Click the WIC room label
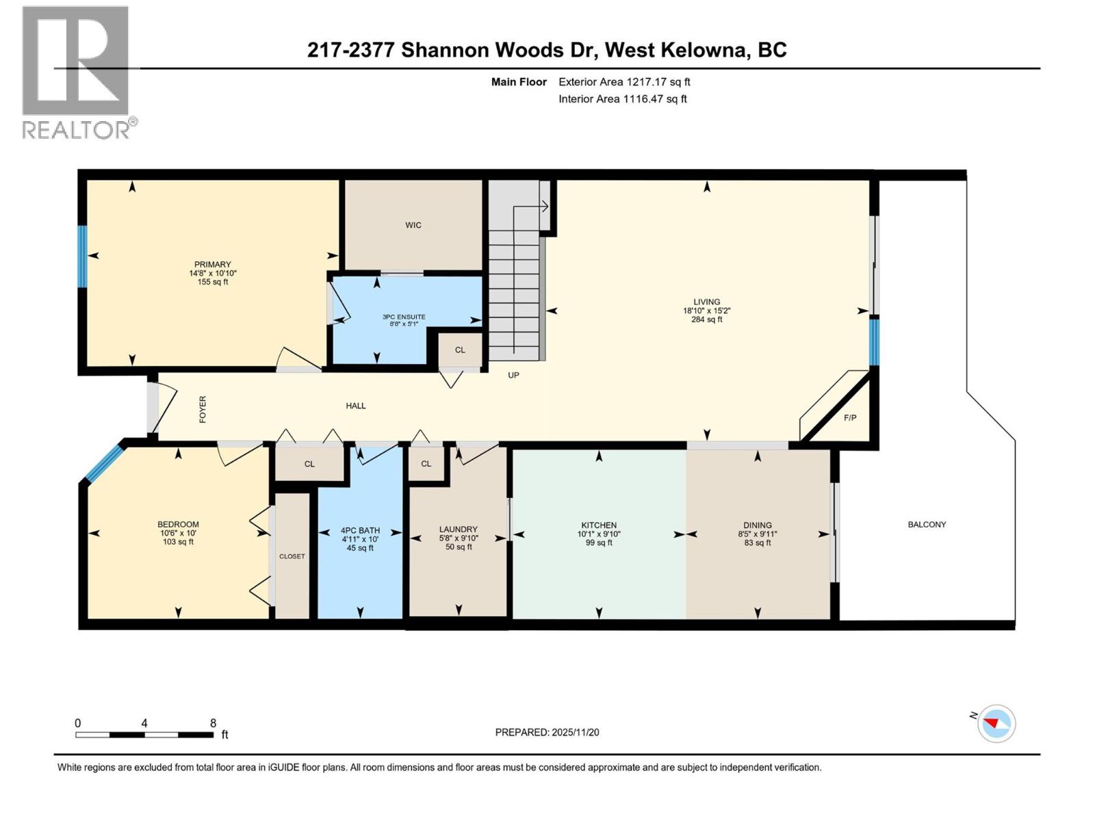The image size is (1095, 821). pos(413,225)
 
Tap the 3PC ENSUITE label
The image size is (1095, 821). pos(404,317)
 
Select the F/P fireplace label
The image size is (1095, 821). pos(849,417)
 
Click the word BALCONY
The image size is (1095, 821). pos(927,524)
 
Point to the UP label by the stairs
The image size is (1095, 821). pos(513,375)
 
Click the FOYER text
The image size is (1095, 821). pos(203,409)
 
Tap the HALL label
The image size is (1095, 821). pos(355,406)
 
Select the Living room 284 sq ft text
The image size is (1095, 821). pos(706,320)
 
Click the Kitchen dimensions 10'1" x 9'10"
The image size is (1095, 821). pos(599,534)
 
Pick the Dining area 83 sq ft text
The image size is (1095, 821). pos(757,543)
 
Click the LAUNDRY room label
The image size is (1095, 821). pos(458,529)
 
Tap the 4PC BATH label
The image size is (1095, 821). pos(360,530)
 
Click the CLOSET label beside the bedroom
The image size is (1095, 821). pos(292,556)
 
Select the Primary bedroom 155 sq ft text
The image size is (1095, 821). pos(212,282)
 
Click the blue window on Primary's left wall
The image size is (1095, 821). pos(82,256)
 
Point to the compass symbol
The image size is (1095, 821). pos(996,724)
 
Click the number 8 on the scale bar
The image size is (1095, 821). pos(213,723)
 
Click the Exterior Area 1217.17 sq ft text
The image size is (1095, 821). pos(624,81)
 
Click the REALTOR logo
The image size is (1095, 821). pos(77,72)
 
